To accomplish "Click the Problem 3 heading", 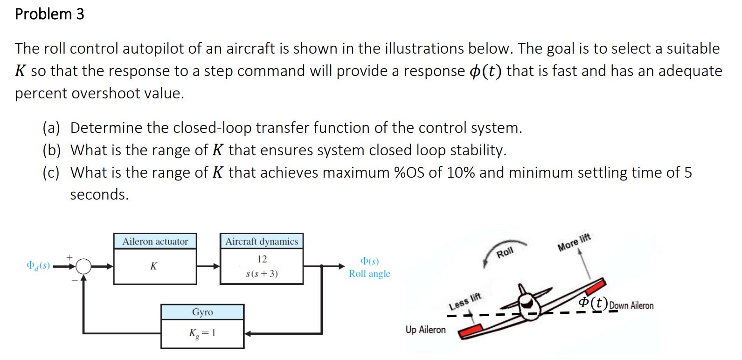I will [49, 14].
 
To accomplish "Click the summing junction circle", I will [83, 267].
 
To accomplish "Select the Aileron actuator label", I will [155, 242].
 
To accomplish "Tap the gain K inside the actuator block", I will [153, 266].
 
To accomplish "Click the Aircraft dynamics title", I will [262, 242].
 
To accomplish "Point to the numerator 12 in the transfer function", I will [262, 259].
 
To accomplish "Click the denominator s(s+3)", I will [262, 274].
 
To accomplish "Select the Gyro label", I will [202, 312].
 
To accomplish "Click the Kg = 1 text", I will [202, 333].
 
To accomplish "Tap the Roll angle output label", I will [369, 274].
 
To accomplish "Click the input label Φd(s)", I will [38, 266].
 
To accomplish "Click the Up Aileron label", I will [425, 330].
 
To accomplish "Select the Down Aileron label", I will [631, 306].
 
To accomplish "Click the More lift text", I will [574, 242].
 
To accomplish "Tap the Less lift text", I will [465, 302].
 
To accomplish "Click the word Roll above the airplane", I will [505, 253].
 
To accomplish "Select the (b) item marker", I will [52, 150].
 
